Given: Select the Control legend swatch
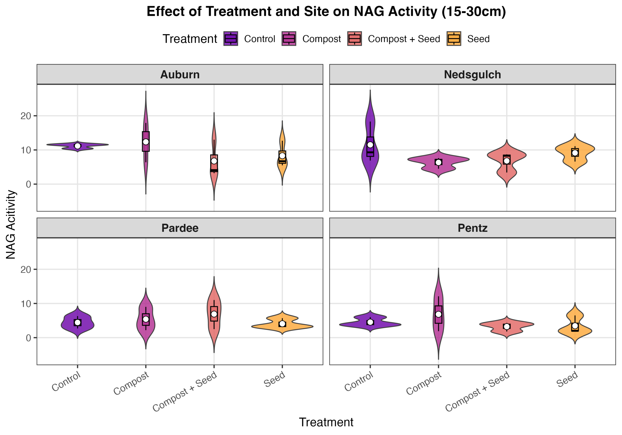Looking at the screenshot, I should [231, 39].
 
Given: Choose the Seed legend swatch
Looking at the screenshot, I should [454, 39].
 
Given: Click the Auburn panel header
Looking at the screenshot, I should [180, 75].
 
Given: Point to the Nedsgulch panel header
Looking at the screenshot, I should [473, 75].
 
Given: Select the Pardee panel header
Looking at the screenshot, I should [180, 228].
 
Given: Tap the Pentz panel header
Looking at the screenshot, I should [473, 228].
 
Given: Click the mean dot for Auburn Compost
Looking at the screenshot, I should [146, 142].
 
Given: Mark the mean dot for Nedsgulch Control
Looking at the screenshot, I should [370, 145].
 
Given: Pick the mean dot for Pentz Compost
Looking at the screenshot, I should [438, 314].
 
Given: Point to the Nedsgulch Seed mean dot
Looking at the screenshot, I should [575, 153].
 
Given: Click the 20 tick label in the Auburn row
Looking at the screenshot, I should [26, 116].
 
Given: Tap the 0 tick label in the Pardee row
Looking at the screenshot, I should [28, 338].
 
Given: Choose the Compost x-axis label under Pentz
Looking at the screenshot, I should [424, 383].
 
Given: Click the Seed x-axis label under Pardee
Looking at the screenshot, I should [274, 379].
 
